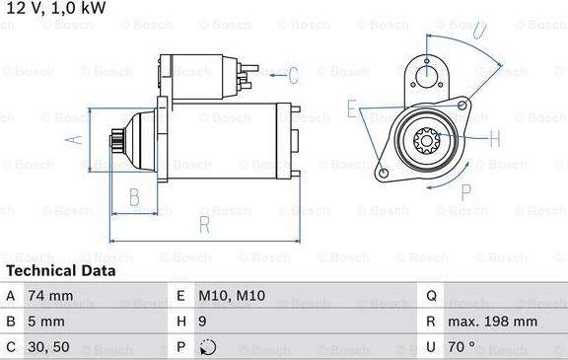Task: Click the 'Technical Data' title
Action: pos(60,270)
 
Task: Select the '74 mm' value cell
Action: pos(50,295)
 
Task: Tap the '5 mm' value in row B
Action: pos(47,322)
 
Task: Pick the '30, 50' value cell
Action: pos(50,348)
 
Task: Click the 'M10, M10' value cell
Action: pos(233,295)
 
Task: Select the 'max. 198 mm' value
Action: pos(494,322)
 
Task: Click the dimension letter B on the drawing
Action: pos(135,196)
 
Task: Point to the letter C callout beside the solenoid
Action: pos(292,74)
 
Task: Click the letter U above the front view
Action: pos(478,32)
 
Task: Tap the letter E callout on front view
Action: pos(352,108)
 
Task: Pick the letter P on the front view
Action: pos(467,191)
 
